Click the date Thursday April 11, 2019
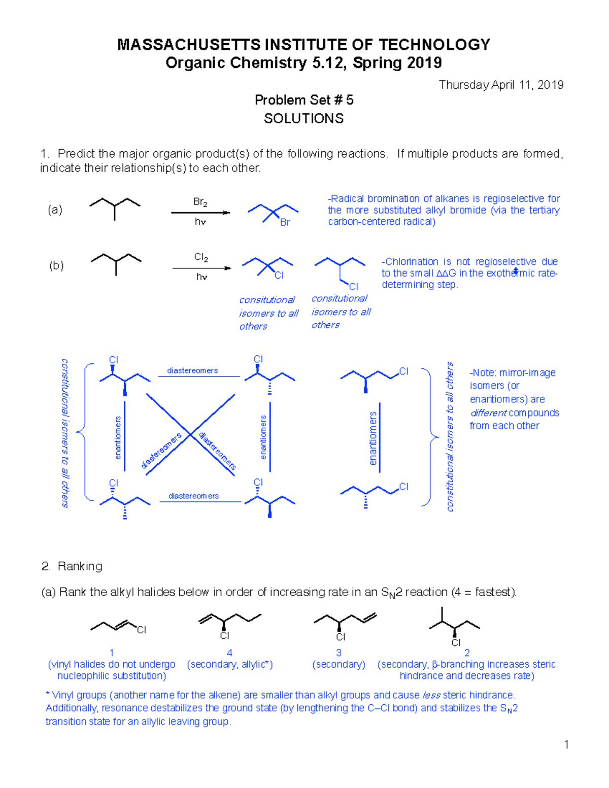coord(501,85)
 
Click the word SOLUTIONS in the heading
coord(303,119)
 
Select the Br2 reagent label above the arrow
coord(200,202)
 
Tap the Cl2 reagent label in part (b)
coord(201,258)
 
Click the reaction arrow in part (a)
coord(200,213)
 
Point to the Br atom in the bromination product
coord(285,222)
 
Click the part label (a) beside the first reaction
coord(55,210)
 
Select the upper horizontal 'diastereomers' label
coord(192,371)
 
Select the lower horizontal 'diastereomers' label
coord(193,496)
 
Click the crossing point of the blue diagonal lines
coord(190,435)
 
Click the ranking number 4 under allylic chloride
coord(229,653)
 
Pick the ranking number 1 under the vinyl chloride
coord(112,653)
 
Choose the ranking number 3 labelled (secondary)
coord(339,653)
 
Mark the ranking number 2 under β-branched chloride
coord(467,653)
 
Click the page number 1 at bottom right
coord(566,745)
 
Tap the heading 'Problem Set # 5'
coord(303,100)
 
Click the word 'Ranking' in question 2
coord(80,566)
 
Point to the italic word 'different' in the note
coord(488,413)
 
